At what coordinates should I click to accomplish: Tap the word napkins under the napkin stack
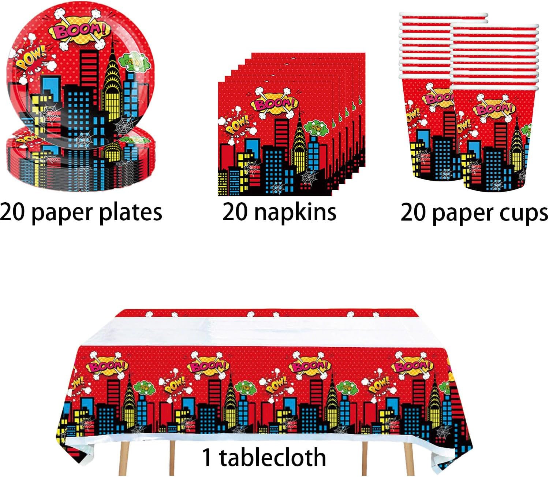click(295, 212)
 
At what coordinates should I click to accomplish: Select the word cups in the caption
click(527, 212)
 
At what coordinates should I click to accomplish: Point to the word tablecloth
click(272, 458)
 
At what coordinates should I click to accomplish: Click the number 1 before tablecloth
click(207, 458)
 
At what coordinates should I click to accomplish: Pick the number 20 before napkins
click(236, 212)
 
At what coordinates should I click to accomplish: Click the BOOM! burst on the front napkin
click(274, 104)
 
